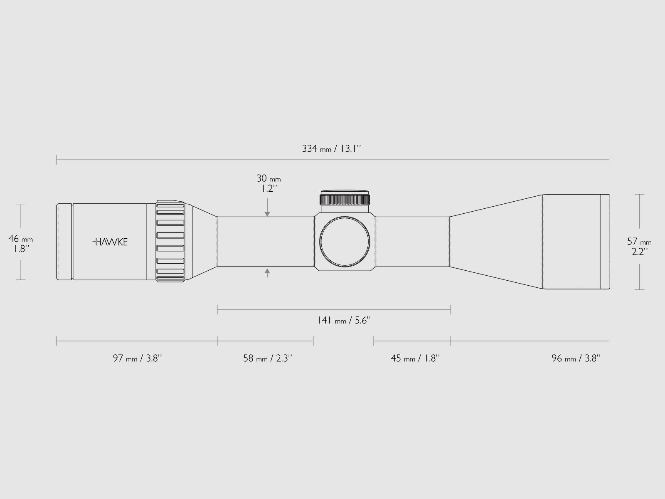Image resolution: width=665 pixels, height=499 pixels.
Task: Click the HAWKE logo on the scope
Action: [110, 242]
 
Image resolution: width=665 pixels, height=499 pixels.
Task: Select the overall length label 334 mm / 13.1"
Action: [331, 149]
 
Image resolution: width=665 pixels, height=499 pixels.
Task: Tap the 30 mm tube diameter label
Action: [268, 183]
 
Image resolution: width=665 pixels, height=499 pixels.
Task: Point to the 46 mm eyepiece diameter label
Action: [21, 244]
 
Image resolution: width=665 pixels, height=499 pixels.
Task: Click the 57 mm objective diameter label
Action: [639, 246]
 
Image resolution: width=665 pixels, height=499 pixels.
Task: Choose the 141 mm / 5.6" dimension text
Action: [344, 320]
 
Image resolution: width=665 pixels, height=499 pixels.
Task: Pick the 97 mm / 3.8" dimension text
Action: [137, 358]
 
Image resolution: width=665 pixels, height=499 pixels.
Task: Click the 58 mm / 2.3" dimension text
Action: [268, 358]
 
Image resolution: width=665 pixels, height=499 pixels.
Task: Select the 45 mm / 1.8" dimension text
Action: [415, 358]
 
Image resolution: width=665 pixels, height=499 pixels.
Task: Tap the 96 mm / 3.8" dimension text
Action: [576, 358]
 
